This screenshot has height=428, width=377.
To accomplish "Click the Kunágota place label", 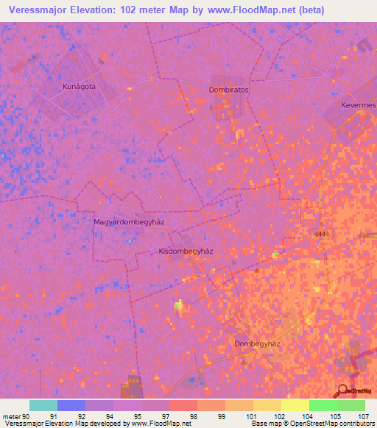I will pyautogui.click(x=80, y=86).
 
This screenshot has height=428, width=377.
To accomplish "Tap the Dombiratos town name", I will pyautogui.click(x=224, y=90).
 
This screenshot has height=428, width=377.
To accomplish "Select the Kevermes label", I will pyautogui.click(x=358, y=105).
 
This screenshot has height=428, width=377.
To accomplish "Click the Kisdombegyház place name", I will pyautogui.click(x=186, y=251).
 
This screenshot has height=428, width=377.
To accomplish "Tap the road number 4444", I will pyautogui.click(x=321, y=234).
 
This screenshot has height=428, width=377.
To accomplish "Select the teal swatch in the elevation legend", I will pyautogui.click(x=43, y=405).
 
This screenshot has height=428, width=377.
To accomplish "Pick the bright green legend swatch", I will pyautogui.click(x=323, y=405).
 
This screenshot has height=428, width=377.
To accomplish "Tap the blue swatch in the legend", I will pyautogui.click(x=71, y=405).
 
